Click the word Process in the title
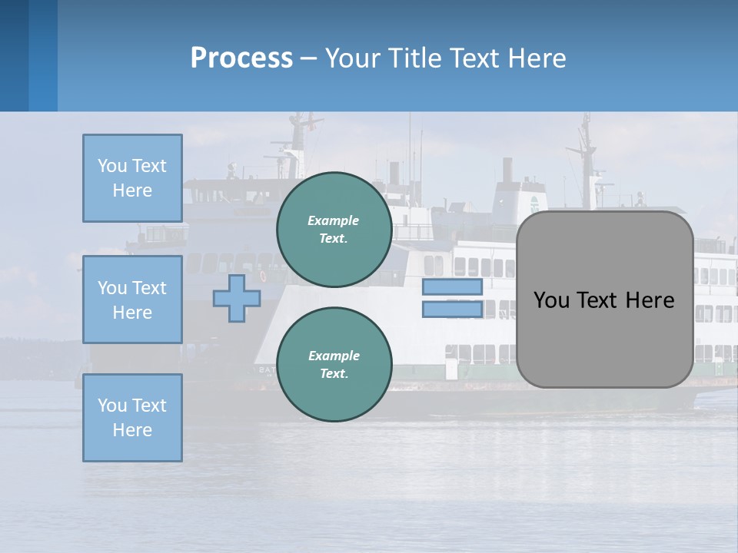pos(241,58)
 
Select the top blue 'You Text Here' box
pos(132,178)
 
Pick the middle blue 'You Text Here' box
pos(132,300)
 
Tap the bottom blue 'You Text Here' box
pos(132,417)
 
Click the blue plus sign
pos(236,298)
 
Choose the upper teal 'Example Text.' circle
pos(334,229)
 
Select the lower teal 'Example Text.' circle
pos(334,364)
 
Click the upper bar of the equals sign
pos(452,286)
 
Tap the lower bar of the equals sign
pos(452,310)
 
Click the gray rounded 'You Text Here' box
pos(604,300)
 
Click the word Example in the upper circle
pos(334,220)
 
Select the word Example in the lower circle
pos(334,356)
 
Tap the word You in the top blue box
pos(111,166)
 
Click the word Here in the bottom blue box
pos(132,430)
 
